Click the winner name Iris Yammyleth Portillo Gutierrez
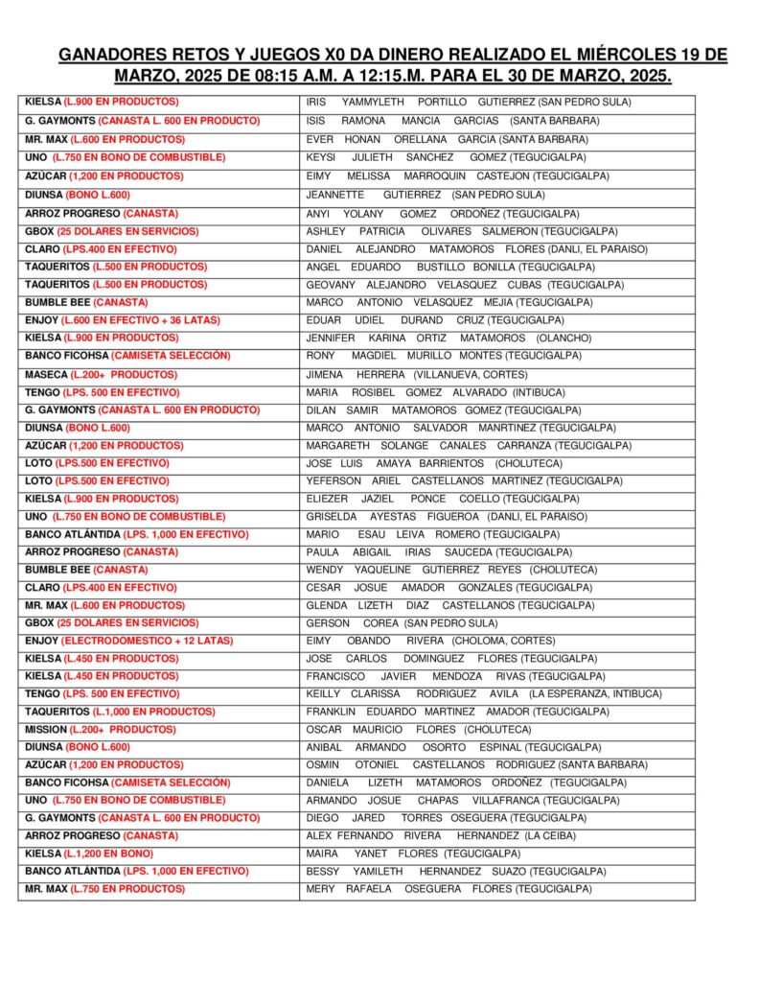point(469,102)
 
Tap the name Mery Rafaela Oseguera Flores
point(448,888)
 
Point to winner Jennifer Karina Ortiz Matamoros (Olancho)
point(448,338)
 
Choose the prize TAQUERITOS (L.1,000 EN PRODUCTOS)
point(120,711)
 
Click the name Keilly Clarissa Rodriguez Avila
point(483,693)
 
